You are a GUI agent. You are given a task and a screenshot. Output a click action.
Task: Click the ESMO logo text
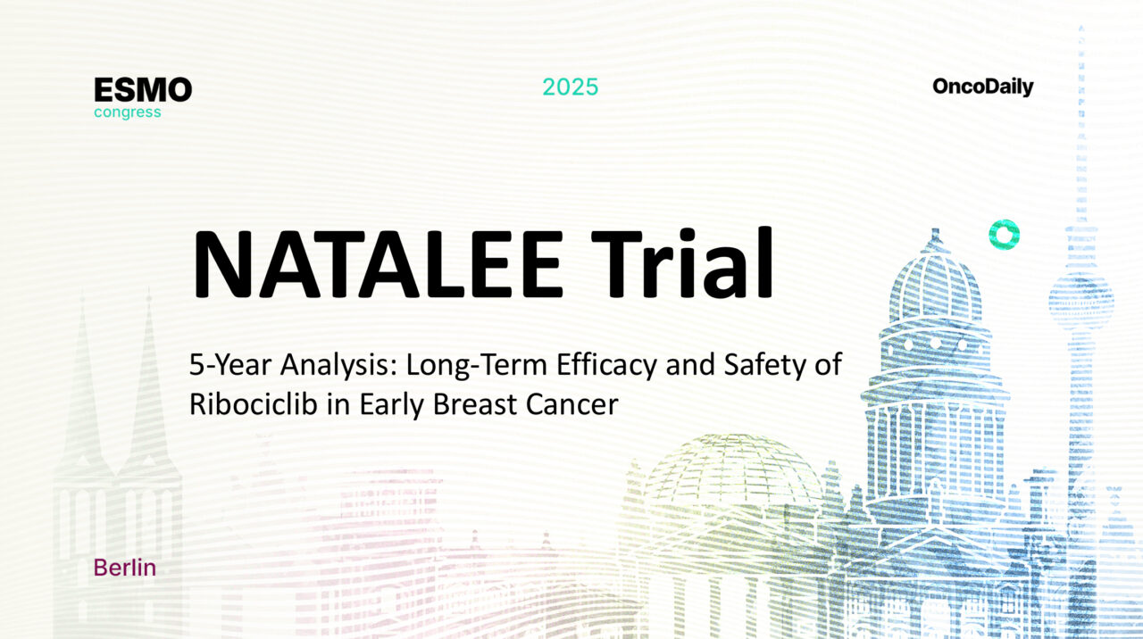click(143, 89)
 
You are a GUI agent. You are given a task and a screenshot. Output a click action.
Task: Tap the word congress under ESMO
click(128, 112)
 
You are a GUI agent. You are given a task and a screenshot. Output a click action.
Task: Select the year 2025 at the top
click(571, 87)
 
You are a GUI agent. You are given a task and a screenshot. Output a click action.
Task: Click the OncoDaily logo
click(982, 87)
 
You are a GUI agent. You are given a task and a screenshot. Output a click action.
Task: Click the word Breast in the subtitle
click(471, 404)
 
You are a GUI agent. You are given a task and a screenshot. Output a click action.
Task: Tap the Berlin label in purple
click(124, 568)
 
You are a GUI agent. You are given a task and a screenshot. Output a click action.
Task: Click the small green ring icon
click(1004, 234)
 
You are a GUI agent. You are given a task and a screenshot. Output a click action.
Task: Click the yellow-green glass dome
click(732, 473)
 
